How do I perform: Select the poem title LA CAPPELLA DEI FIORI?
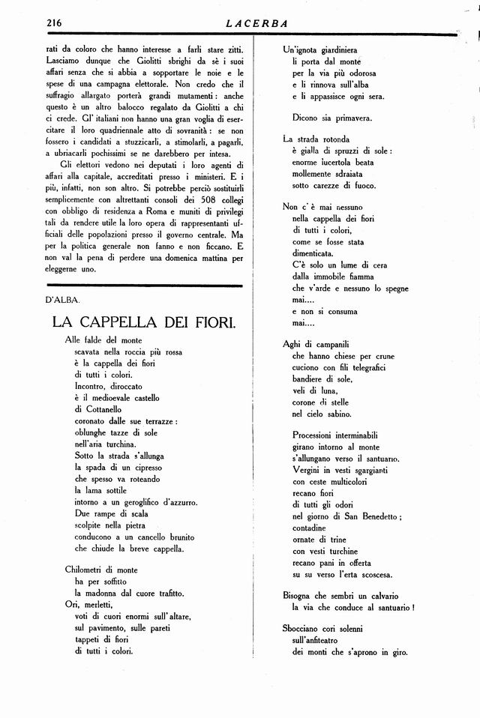point(145,323)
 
